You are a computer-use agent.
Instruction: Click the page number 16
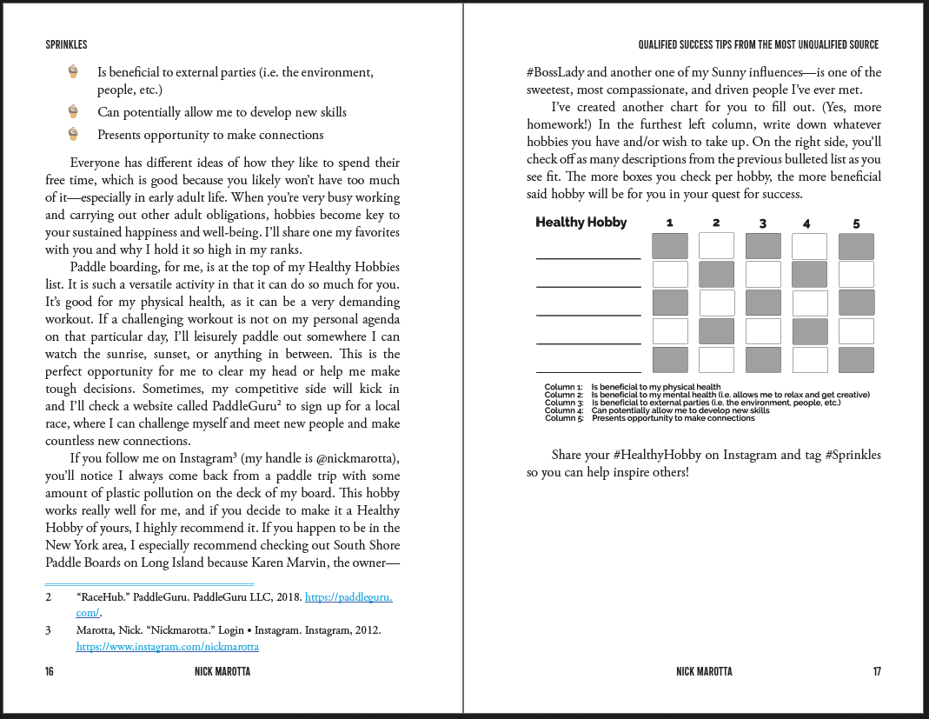click(50, 671)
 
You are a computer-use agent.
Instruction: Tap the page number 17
click(877, 671)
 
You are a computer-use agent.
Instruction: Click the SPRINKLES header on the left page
click(66, 44)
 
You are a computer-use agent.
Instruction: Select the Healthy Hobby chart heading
click(581, 223)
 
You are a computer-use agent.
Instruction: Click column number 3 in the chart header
click(762, 223)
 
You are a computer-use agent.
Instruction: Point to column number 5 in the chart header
click(856, 223)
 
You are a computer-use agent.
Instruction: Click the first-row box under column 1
click(669, 246)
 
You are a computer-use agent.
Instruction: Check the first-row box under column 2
click(716, 246)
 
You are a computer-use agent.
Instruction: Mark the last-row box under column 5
click(856, 360)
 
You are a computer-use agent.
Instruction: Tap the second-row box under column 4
click(809, 275)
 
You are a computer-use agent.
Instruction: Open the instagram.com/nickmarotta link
click(168, 647)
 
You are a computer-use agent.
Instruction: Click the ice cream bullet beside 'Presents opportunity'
click(73, 134)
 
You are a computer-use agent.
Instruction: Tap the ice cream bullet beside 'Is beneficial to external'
click(73, 72)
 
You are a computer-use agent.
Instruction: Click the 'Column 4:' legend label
click(563, 410)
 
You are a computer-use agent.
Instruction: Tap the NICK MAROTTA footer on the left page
click(223, 671)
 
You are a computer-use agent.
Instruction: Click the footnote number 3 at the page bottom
click(49, 629)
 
